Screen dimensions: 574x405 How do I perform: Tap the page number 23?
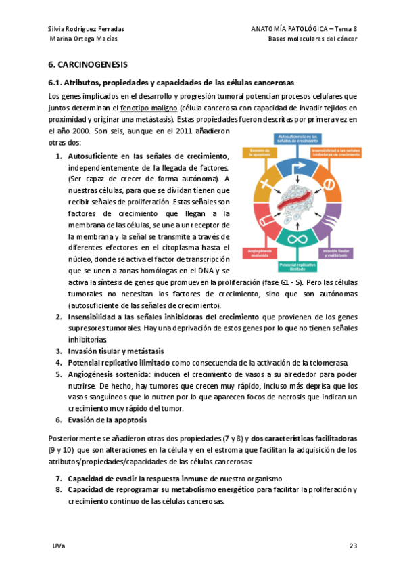click(353, 545)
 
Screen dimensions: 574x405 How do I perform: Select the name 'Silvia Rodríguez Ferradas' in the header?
click(87, 28)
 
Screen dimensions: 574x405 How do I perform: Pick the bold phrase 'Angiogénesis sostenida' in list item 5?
click(108, 374)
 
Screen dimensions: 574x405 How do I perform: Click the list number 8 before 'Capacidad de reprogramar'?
click(59, 489)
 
